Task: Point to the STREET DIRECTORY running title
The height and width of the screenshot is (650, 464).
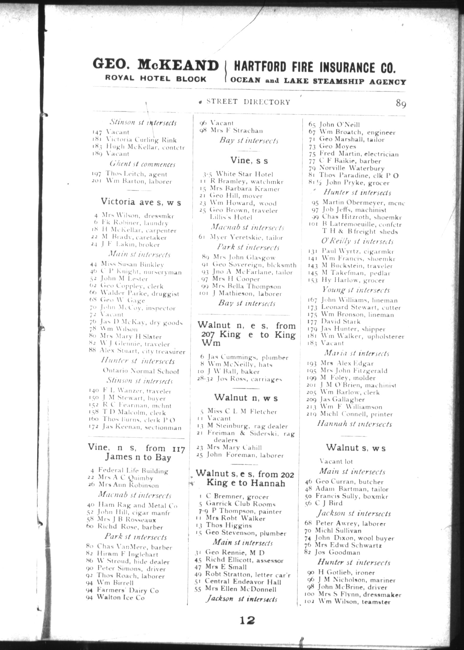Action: [x=248, y=102]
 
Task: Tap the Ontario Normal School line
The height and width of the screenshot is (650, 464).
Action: [x=141, y=371]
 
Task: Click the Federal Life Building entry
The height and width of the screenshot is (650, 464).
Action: [x=133, y=471]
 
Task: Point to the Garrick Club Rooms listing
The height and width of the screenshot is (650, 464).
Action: [x=241, y=504]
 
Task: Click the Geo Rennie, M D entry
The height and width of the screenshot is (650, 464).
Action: [x=235, y=552]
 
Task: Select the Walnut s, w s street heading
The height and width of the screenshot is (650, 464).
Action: [x=355, y=448]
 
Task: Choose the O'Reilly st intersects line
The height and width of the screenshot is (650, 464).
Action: [x=357, y=241]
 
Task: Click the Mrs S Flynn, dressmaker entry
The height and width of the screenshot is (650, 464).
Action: [x=359, y=595]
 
